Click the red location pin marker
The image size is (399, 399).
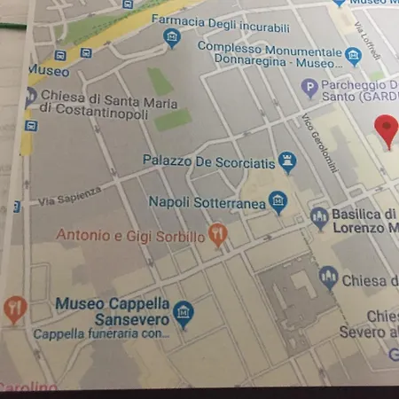point(387,129)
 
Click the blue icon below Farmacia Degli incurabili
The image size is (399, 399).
point(173,37)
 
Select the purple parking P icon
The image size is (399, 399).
point(309,88)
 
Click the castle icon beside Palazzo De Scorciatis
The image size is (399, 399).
point(287,161)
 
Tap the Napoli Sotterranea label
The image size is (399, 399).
point(207,203)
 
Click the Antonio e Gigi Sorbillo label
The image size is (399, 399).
point(129,235)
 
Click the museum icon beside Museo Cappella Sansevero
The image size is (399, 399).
point(184,312)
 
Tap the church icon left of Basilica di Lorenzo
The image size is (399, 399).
point(319,216)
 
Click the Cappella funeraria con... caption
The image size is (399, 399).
point(100,334)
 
